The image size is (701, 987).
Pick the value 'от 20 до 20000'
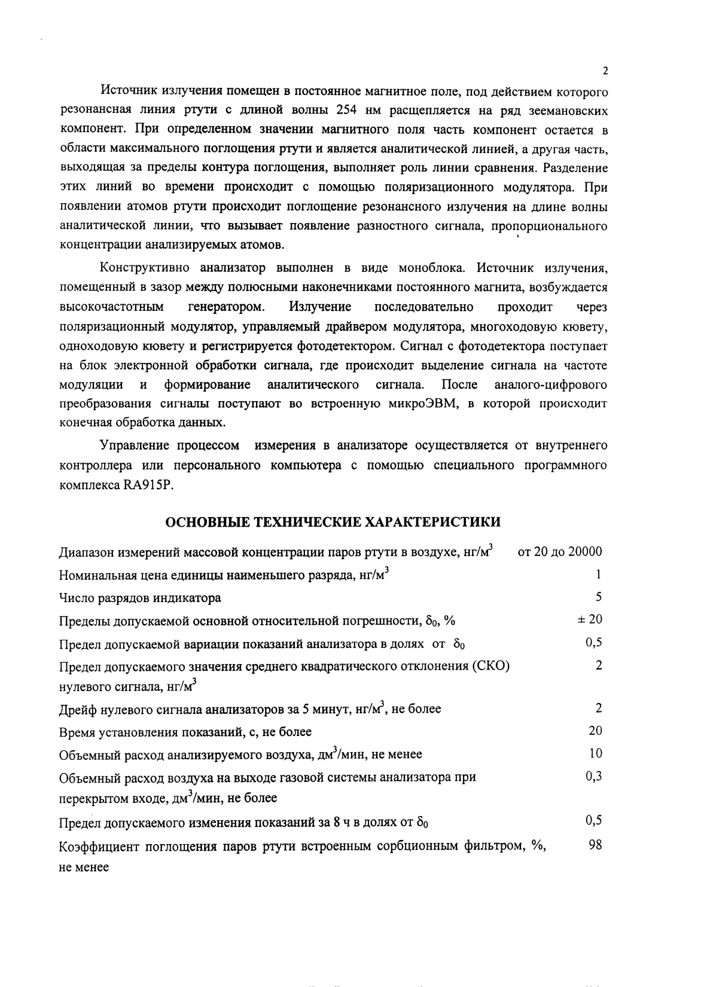559,551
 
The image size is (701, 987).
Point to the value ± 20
590,619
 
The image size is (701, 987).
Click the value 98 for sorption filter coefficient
595,845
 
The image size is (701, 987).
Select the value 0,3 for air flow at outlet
593,776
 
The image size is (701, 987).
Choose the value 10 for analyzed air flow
595,753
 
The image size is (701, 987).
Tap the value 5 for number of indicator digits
598,597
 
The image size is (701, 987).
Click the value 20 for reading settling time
595,731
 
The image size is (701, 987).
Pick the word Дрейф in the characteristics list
77,710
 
